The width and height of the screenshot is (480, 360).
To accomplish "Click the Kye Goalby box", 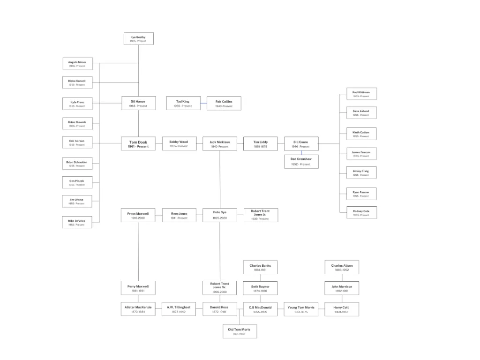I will (x=138, y=39).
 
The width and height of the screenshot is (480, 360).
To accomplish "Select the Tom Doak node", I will (x=138, y=144).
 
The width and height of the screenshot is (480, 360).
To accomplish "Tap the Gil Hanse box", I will (x=138, y=103).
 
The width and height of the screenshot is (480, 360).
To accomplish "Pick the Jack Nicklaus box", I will (x=219, y=144).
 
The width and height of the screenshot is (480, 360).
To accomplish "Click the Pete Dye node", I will (x=219, y=215).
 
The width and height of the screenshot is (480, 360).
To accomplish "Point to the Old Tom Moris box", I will (x=239, y=331).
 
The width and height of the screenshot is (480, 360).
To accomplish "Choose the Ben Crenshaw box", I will (x=301, y=162).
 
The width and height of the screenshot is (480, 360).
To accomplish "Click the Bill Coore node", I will (x=301, y=144).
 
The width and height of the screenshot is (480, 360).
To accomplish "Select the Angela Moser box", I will (x=77, y=64).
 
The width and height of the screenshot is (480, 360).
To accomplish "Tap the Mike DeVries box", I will (x=77, y=222).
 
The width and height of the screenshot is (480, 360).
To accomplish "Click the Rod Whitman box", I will (x=361, y=94).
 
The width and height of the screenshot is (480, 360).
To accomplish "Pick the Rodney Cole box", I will (x=361, y=213).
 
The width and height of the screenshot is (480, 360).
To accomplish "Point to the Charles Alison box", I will (x=342, y=267).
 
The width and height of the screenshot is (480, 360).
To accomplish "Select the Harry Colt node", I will (x=342, y=309).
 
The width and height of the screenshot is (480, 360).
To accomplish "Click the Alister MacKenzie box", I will (x=138, y=309).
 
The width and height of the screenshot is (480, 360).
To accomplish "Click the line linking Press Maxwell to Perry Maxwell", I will (x=138, y=251).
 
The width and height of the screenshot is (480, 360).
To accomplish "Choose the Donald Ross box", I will (x=219, y=309).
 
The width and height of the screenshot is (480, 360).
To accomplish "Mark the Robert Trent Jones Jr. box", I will (x=260, y=215).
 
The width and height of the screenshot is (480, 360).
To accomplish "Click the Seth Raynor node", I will (x=260, y=288).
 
